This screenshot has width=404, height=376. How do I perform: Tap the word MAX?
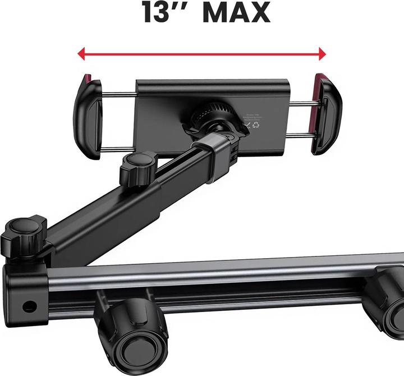(x=236, y=13)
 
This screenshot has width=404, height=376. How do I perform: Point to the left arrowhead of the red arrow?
(x=82, y=54)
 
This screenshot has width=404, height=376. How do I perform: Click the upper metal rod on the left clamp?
(x=118, y=93)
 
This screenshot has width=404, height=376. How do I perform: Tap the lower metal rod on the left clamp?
(x=118, y=148)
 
